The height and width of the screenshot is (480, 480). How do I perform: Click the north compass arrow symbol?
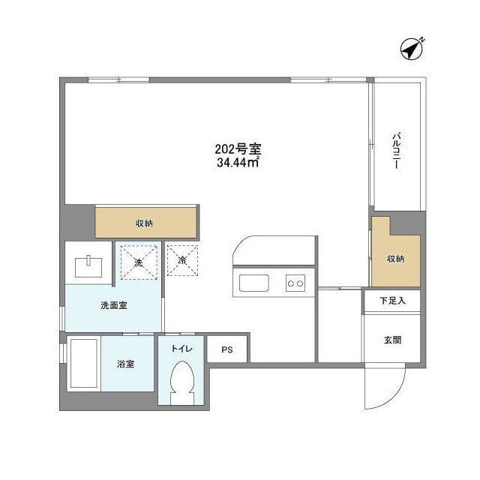point(412,48)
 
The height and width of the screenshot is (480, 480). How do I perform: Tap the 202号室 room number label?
point(237,148)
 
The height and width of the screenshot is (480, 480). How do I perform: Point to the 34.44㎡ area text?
point(237,162)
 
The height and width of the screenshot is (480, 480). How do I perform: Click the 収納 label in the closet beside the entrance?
point(395,259)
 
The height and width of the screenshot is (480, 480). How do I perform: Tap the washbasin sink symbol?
point(88,264)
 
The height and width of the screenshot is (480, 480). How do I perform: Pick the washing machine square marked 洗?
point(138,262)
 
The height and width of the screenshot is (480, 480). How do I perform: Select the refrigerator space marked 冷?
point(182,260)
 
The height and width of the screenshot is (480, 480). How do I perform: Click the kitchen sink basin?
point(254,283)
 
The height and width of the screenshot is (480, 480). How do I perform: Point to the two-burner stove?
point(295,283)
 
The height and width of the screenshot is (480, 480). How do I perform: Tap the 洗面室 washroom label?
point(113,306)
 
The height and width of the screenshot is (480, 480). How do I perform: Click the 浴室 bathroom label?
point(125,364)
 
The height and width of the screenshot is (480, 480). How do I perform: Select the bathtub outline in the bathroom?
point(82,364)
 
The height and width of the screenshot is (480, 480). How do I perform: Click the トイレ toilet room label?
point(182,348)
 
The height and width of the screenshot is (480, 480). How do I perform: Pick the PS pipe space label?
point(227,349)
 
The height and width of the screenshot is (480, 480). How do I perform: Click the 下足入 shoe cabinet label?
point(392,301)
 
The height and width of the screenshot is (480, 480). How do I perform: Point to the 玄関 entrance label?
point(392,340)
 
